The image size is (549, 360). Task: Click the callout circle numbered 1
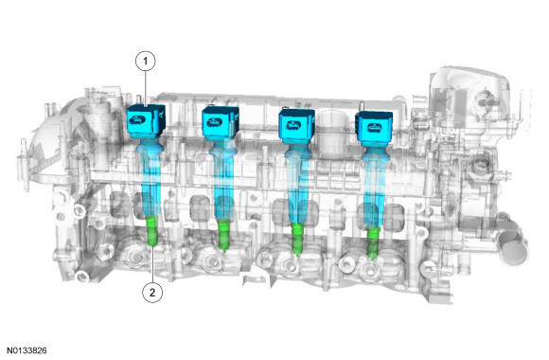(x=146, y=62)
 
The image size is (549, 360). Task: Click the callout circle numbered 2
(x=152, y=293)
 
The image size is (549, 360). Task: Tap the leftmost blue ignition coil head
(x=146, y=120)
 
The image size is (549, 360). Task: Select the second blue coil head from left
(x=221, y=124)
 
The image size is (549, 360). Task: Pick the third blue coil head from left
(x=296, y=126)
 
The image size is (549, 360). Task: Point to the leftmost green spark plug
(x=152, y=230)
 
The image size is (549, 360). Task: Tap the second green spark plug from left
(x=223, y=234)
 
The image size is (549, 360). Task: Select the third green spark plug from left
(x=297, y=239)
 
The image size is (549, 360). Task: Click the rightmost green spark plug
(x=373, y=243)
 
